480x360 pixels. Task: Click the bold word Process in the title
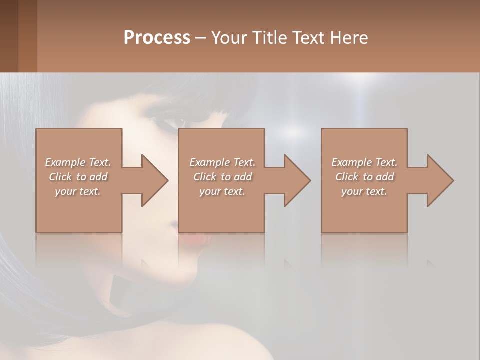157,37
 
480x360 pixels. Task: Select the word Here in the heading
349,37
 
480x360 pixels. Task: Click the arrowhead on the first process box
152,180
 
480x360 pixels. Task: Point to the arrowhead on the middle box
295,180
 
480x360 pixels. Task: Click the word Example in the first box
65,162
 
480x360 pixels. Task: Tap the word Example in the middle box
209,162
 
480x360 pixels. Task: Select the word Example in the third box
351,162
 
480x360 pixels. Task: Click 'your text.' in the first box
78,191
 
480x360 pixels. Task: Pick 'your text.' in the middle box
222,191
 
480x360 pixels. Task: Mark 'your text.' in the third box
364,191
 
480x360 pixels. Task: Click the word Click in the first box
60,177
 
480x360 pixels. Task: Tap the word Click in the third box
347,177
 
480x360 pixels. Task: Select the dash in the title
201,38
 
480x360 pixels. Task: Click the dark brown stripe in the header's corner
9,36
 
